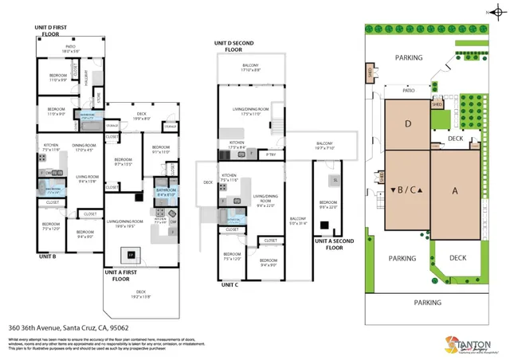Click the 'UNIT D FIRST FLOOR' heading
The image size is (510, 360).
(x=56, y=30)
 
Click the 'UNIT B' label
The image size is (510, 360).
(x=47, y=257)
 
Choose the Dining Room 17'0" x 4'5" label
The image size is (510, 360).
(x=84, y=147)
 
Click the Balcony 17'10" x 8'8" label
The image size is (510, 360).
(x=250, y=68)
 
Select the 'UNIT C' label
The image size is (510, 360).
(x=230, y=284)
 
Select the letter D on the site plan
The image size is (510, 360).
(x=407, y=124)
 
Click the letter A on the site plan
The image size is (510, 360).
(x=456, y=192)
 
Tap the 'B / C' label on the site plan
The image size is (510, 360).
(x=406, y=190)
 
